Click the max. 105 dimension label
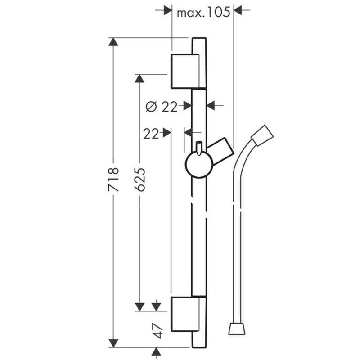[203, 13]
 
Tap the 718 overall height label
[113, 179]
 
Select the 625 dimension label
[140, 179]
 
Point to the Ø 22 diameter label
[162, 107]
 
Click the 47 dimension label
[158, 331]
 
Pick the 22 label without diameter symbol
[151, 134]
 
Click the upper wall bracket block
[185, 71]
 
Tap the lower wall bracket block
[185, 314]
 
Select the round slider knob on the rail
[199, 164]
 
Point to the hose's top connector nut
[262, 135]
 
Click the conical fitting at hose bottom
[237, 328]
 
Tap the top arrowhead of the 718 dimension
[113, 42]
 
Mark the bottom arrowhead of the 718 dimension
[113, 343]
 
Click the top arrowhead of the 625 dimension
[139, 78]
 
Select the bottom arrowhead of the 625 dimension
[139, 307]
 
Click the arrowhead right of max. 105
[238, 10]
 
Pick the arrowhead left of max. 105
[168, 10]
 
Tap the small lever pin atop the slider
[199, 148]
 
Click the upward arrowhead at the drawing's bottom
[156, 351]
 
